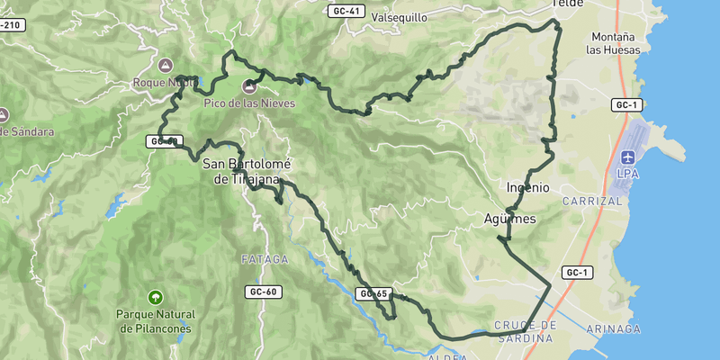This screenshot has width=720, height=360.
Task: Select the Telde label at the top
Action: pyautogui.click(x=567, y=4)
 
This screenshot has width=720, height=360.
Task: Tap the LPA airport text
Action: pyautogui.click(x=627, y=173)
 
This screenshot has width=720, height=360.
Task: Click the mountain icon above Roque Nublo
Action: pyautogui.click(x=165, y=65)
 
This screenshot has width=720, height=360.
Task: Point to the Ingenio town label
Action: pyautogui.click(x=528, y=187)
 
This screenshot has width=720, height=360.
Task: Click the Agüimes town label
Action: pyautogui.click(x=510, y=219)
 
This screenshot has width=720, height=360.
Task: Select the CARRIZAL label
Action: pyautogui.click(x=591, y=202)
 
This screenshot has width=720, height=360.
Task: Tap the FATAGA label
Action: pyautogui.click(x=265, y=259)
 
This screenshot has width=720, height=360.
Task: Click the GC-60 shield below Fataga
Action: pyautogui.click(x=261, y=292)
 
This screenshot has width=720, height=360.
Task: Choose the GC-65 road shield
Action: pyautogui.click(x=372, y=293)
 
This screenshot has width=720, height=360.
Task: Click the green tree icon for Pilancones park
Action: pyautogui.click(x=156, y=297)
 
